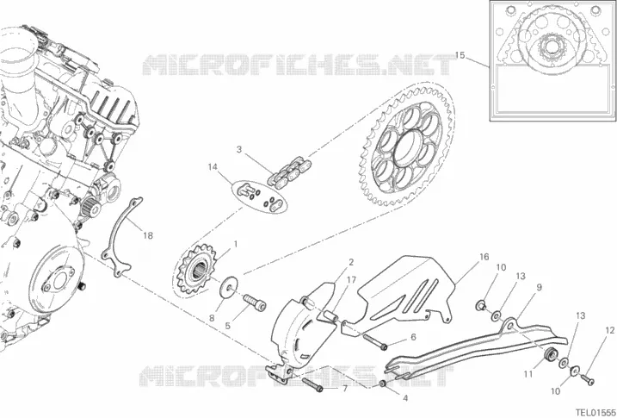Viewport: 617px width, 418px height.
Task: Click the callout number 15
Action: (460, 55)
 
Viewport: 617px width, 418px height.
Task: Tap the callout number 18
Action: (147, 235)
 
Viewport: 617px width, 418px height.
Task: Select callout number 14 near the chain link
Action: (213, 167)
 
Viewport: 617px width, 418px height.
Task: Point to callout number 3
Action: (238, 149)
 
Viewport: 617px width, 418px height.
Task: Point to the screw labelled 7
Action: (312, 384)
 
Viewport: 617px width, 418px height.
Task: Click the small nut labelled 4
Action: (382, 384)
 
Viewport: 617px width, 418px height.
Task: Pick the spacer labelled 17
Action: (330, 316)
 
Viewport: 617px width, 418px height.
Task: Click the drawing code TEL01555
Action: (595, 412)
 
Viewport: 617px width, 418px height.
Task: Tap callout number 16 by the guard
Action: (484, 257)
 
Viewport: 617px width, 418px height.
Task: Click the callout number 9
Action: (539, 287)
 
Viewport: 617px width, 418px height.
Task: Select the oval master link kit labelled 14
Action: (259, 197)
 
